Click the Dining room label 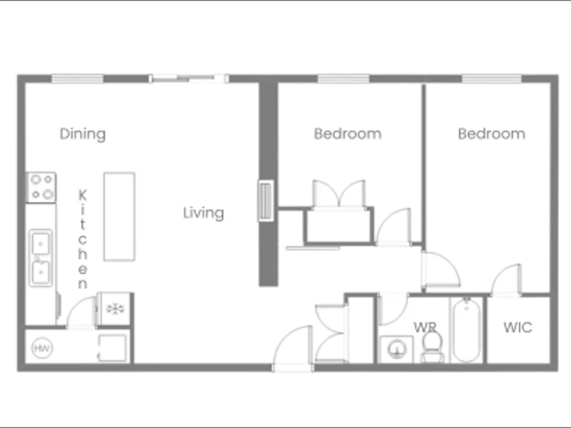point(83,134)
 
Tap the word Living point(203,213)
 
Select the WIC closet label point(518,327)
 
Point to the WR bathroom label point(425,327)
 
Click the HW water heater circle point(42,348)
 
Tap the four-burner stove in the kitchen point(41,188)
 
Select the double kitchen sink point(41,258)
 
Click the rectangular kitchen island point(119,217)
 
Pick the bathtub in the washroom point(467,330)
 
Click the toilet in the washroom point(433,347)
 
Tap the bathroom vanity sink point(397,350)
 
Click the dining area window point(77,78)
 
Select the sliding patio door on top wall point(188,78)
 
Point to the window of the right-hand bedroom point(492,78)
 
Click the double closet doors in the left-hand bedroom point(339,194)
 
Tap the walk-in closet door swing point(506,280)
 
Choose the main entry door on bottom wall point(293,348)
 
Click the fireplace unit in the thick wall point(266,200)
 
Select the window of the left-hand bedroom point(343,78)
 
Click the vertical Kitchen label point(83,239)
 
